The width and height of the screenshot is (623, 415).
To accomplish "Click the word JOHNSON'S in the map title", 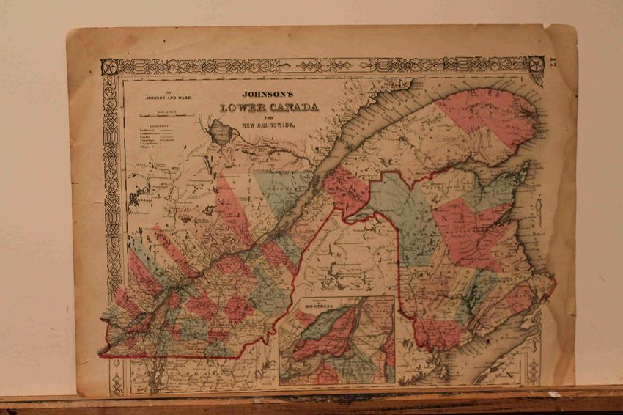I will [268, 95].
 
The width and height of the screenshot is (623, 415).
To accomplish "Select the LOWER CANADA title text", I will [269, 108].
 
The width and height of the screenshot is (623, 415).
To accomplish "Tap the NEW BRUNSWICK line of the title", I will [268, 125].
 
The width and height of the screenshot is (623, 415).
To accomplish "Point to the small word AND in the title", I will [268, 117].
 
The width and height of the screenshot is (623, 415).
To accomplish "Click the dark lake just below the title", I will [218, 132].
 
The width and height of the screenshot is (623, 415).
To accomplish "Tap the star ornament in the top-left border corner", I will [110, 67].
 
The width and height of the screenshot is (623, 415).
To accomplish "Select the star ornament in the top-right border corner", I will [536, 65].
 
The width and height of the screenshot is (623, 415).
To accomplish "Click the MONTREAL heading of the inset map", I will [323, 305].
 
